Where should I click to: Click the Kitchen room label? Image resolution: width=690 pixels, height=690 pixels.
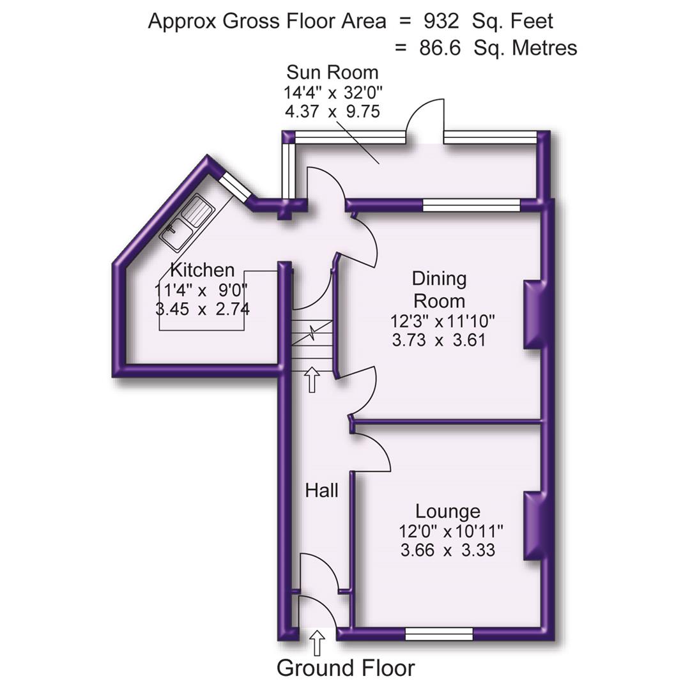pos(202,270)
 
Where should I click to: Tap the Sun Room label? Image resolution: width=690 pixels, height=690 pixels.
pos(332,72)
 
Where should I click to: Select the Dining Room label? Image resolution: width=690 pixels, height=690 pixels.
pos(439,289)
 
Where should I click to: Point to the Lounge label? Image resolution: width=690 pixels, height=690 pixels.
pos(447,511)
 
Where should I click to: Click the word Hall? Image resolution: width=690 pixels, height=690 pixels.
pos(321,491)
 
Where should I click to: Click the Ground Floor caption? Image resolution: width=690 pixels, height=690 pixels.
pos(345,668)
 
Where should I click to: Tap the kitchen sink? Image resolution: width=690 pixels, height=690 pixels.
pos(187,222)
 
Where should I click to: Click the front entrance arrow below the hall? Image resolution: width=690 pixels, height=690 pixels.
pos(318,642)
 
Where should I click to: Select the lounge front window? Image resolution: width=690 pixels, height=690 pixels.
pos(439,634)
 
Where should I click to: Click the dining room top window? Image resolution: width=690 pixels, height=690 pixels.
pos(471,204)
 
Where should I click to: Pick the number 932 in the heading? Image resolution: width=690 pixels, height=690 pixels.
pos(440,21)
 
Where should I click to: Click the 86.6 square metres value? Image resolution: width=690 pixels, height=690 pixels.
pos(440,48)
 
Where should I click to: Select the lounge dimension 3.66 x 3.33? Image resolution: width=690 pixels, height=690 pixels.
pos(447,549)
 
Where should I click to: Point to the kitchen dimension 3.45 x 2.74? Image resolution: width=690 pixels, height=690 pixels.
pos(202,309)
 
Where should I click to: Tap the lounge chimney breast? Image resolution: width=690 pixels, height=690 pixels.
pos(532,525)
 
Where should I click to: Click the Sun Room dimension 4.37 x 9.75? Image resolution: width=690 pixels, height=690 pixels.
pos(332,111)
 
